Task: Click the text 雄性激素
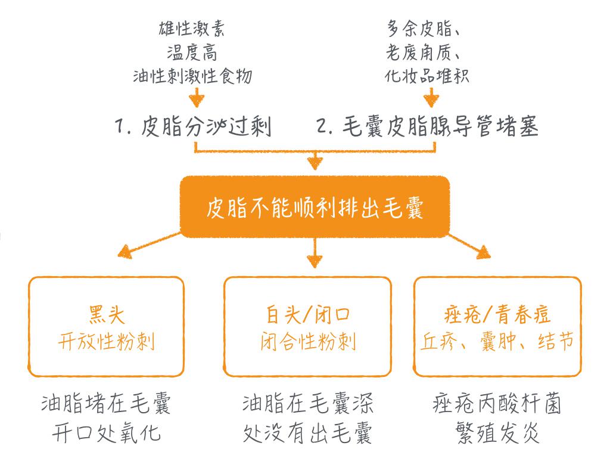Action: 192,29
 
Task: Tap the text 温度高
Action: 192,52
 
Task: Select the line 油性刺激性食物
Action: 192,76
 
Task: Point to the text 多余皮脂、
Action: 428,29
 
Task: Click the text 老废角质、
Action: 428,52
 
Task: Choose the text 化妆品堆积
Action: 428,76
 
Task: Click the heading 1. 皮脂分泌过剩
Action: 192,126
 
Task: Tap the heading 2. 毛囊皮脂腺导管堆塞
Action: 428,126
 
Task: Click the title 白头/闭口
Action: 308,314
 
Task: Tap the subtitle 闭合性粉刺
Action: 308,342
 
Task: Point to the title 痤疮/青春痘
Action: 498,314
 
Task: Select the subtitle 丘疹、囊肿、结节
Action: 498,342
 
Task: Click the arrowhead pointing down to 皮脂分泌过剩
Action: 197,99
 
